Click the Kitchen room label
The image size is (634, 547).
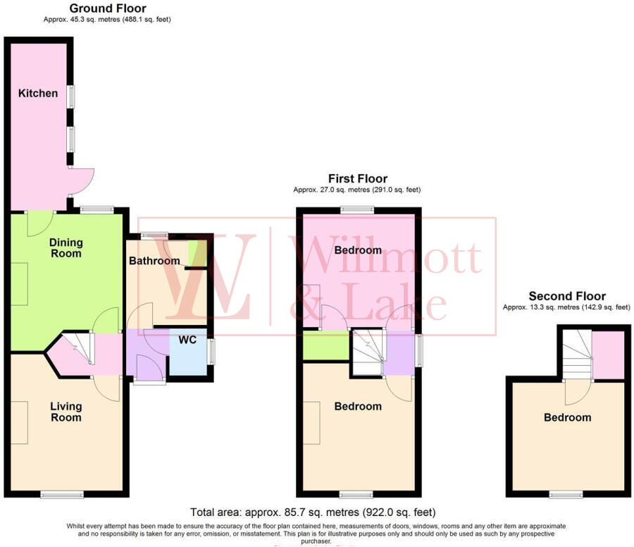(38, 93)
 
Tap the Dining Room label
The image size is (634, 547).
(66, 247)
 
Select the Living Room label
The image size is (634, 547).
(66, 412)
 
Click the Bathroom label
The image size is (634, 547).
(154, 261)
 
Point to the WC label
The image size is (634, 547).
(187, 339)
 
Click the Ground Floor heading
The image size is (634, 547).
(108, 8)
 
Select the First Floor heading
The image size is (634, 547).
(357, 178)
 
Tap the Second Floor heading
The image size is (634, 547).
(566, 296)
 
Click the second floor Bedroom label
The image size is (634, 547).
(567, 417)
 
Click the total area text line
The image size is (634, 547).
(313, 512)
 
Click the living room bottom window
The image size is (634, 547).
(58, 495)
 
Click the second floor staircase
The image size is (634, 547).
(576, 356)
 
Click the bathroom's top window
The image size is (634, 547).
(154, 235)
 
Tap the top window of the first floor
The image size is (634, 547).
(357, 209)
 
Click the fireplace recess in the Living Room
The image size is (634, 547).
(19, 422)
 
